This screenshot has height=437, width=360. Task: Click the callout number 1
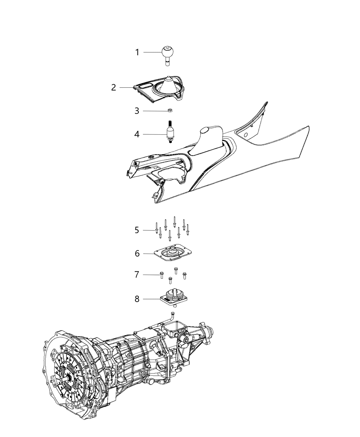[137, 52]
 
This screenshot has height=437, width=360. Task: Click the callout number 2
[113, 87]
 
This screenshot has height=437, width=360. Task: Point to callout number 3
[137, 111]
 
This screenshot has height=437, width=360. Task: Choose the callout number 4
[137, 134]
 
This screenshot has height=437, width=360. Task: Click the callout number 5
[137, 230]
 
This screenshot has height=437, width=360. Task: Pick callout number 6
[137, 254]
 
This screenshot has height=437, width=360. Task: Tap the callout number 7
[137, 275]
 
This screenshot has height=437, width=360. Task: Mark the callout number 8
[137, 299]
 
